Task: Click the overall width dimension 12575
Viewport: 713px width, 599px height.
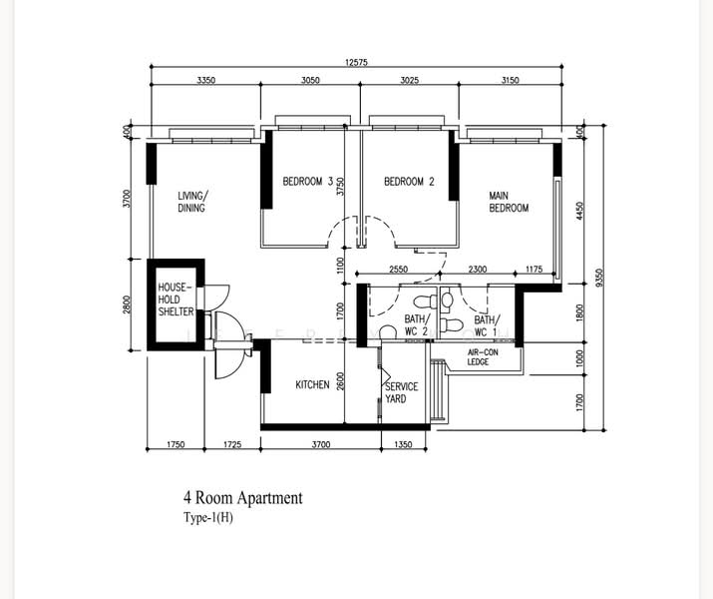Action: [356, 62]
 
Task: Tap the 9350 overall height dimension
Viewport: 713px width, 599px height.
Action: [599, 278]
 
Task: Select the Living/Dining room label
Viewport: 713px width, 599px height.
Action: [192, 202]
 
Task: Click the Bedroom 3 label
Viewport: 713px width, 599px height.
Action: [308, 182]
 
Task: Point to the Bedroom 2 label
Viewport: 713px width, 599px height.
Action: [409, 182]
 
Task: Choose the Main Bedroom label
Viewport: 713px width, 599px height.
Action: [509, 202]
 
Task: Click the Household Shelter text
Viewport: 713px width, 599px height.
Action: [176, 299]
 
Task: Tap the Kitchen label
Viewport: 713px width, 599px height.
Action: [312, 385]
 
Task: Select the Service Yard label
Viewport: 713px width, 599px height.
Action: [401, 392]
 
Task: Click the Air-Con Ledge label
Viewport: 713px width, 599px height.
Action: [483, 356]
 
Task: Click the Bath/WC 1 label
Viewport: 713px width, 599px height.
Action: [487, 325]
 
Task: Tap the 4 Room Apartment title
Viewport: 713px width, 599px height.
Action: [243, 497]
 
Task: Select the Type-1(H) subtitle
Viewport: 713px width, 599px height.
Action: [208, 518]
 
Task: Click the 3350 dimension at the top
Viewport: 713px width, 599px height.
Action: [205, 80]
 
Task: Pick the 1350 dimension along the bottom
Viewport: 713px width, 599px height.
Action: [403, 444]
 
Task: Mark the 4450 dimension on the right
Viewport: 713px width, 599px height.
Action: [578, 211]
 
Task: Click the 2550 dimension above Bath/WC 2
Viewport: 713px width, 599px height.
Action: [398, 269]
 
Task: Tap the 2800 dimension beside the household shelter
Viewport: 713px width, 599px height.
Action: [127, 304]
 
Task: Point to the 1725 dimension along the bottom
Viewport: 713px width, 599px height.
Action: [232, 444]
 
